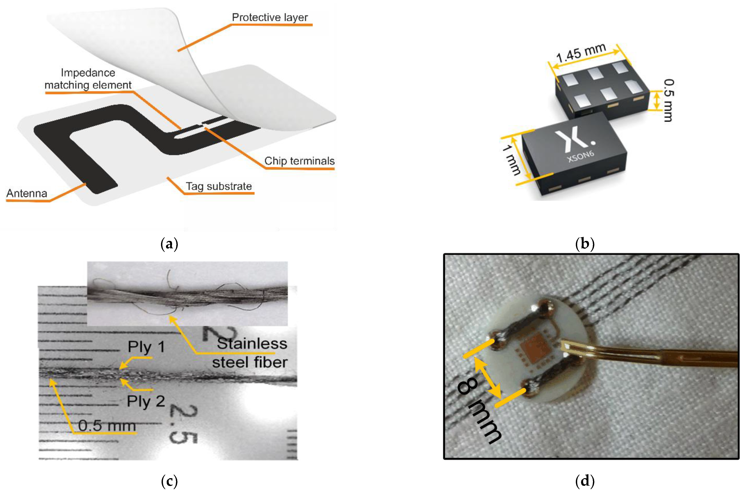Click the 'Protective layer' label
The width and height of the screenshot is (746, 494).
(x=270, y=17)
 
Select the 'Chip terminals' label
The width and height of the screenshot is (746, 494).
(x=299, y=161)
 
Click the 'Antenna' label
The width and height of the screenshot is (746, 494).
(x=27, y=193)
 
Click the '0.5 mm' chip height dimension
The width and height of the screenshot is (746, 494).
(x=668, y=100)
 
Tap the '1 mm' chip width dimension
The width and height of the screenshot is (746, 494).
(x=511, y=159)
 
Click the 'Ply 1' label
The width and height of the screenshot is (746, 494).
(x=146, y=347)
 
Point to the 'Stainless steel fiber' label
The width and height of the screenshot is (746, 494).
(x=250, y=353)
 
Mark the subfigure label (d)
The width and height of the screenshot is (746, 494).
(x=585, y=481)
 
